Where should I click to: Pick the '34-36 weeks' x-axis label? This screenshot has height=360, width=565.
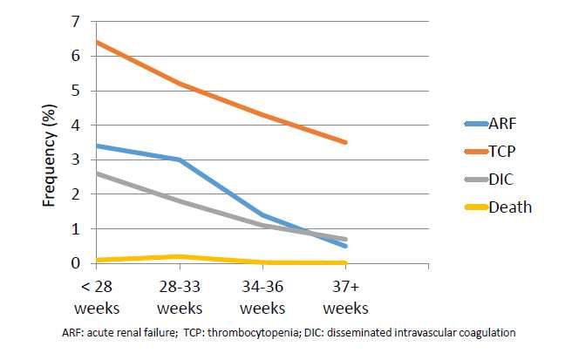click(x=262, y=296)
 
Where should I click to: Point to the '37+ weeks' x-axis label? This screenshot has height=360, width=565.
click(x=345, y=296)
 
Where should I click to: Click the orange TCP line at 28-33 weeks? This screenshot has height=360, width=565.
click(x=178, y=84)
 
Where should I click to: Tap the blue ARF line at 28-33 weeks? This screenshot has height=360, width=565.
click(x=178, y=160)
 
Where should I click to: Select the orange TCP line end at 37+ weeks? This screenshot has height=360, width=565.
click(x=346, y=142)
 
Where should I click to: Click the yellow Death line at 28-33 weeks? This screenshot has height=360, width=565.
click(x=178, y=256)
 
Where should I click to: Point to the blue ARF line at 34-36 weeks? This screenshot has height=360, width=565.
click(x=262, y=214)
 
